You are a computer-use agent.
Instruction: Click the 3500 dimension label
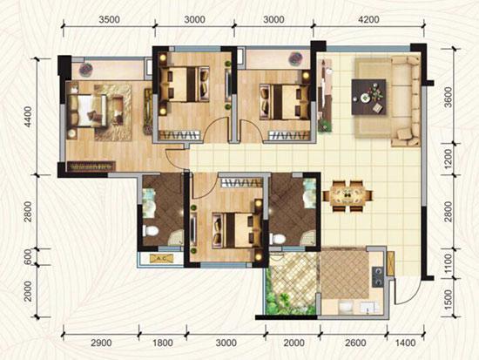tap(109, 19)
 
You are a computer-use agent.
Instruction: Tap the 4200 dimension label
tap(368, 19)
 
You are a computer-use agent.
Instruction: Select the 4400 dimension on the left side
tap(28, 117)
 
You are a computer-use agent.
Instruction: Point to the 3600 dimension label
tap(448, 98)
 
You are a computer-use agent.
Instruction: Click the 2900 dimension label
tap(101, 343)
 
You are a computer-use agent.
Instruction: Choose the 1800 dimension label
tap(163, 343)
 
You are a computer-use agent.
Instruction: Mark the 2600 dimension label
tap(356, 343)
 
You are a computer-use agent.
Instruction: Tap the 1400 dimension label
tap(405, 343)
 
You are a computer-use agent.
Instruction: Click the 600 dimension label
tap(28, 257)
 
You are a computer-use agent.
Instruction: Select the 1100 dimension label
tap(448, 263)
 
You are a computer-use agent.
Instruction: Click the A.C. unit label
tap(162, 259)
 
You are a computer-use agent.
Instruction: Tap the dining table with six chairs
tap(347, 196)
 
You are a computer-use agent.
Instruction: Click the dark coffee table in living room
tap(368, 97)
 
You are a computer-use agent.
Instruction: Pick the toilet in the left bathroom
tap(151, 231)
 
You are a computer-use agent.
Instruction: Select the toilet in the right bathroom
tap(277, 238)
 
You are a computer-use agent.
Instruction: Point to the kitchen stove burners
tap(378, 277)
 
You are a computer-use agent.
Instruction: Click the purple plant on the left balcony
tap(86, 70)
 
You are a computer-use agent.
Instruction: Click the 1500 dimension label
tap(448, 300)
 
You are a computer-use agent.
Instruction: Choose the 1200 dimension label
tap(448, 159)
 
